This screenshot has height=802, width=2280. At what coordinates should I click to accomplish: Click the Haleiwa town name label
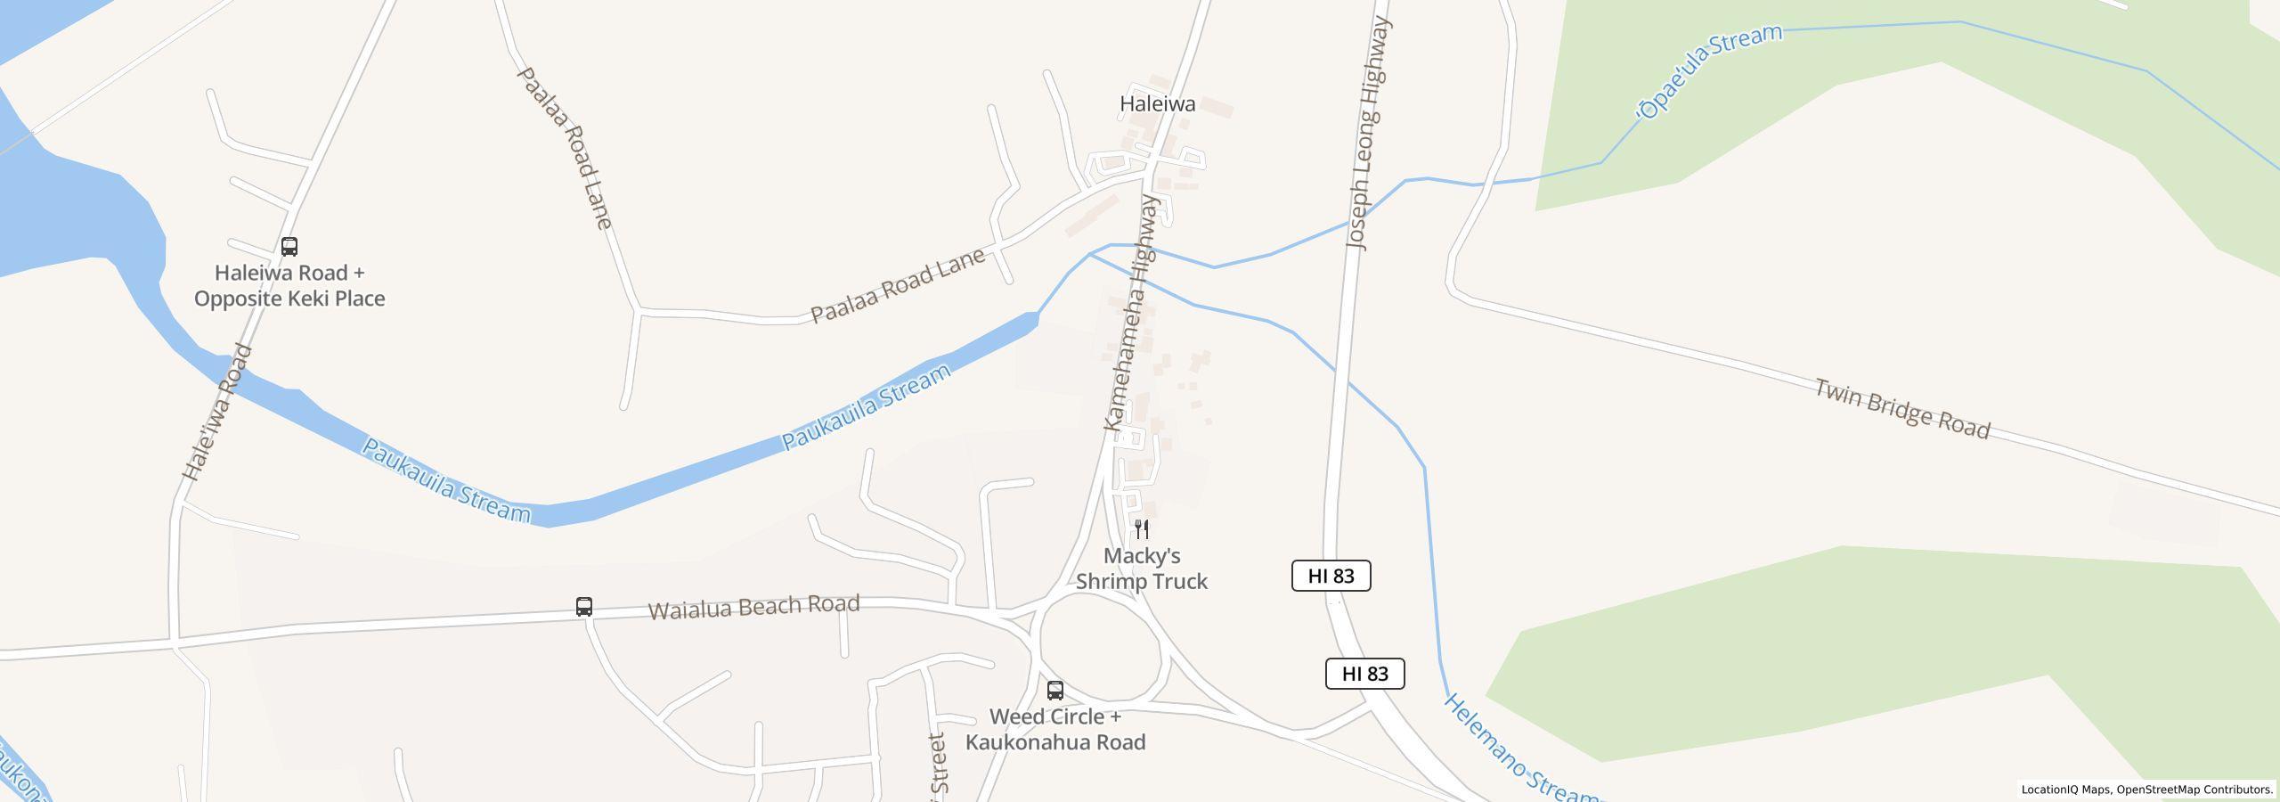coord(1157,104)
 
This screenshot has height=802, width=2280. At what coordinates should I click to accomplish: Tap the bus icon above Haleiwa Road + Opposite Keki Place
coord(289,246)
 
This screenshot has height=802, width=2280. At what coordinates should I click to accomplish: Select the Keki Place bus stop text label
coord(289,286)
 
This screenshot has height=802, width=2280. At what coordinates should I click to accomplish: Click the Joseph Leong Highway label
coord(1370,134)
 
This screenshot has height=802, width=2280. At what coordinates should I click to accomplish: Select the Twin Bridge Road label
coord(1901,410)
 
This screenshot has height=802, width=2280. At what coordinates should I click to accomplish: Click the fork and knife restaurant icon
coord(1142,529)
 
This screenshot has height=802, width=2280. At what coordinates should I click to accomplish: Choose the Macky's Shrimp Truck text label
coord(1142,569)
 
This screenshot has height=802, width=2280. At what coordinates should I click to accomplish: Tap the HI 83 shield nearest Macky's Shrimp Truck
coord(1331,576)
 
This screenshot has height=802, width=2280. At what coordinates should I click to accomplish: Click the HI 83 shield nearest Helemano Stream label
coord(1364,674)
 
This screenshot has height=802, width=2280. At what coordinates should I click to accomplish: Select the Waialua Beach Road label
coord(753,607)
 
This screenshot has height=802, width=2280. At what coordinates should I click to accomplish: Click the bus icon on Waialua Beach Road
coord(584,607)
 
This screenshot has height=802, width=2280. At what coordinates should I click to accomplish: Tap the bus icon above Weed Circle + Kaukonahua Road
coord(1055,690)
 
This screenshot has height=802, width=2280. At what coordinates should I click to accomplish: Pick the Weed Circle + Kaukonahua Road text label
coord(1055,730)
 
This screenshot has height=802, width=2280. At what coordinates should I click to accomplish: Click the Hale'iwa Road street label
coord(217,413)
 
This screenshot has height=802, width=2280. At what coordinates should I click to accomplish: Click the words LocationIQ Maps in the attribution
coord(2065,790)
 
